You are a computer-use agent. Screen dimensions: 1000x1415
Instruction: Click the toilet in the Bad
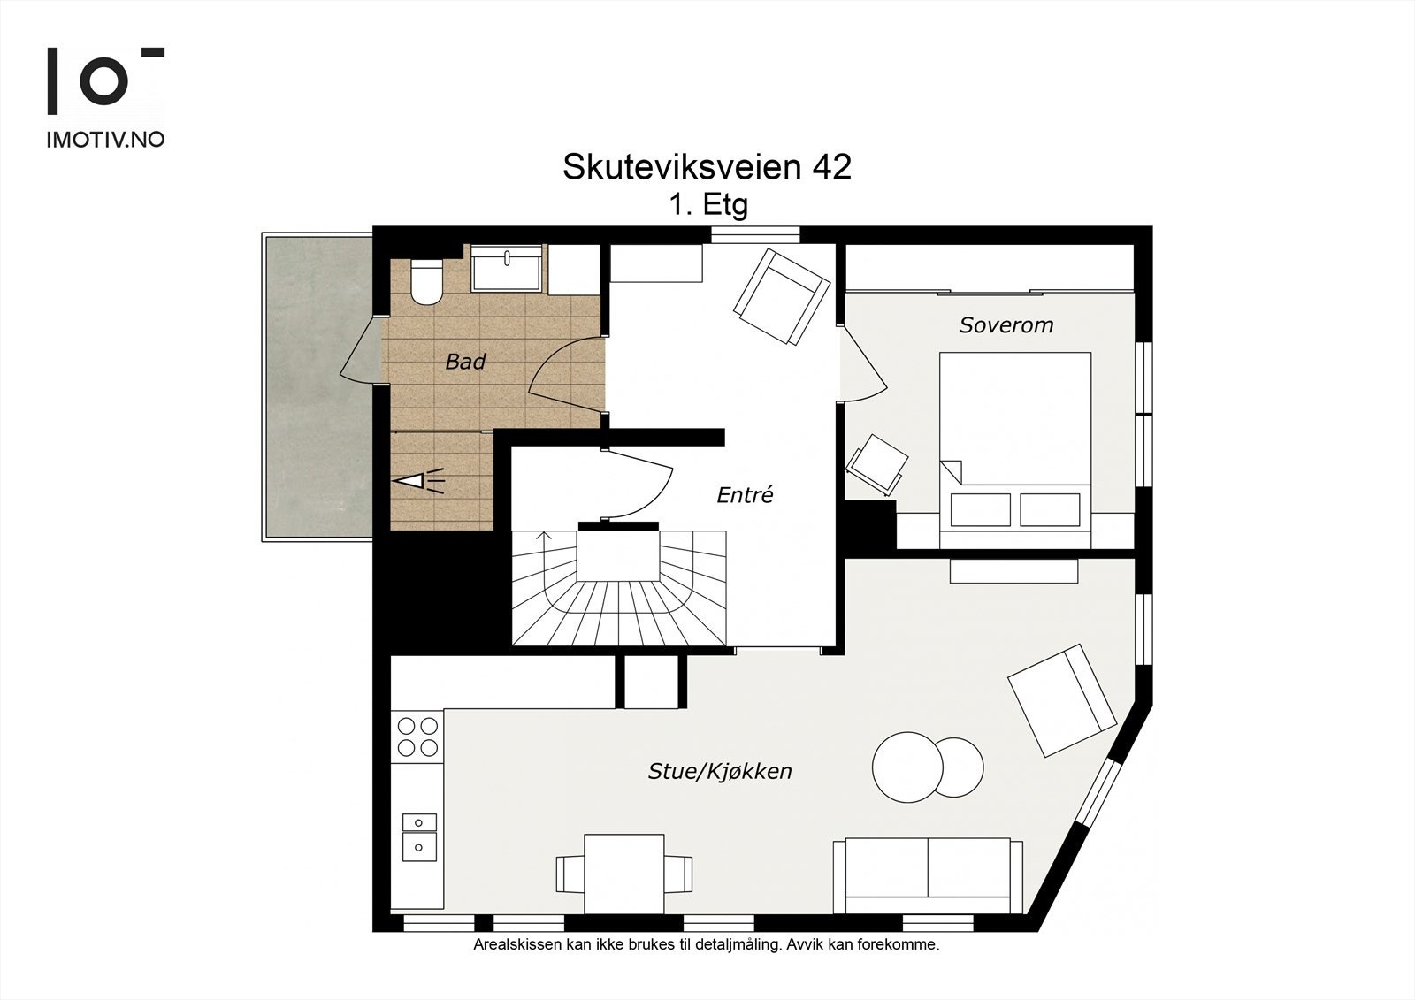pos(426,282)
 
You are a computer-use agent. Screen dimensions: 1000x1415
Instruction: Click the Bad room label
pos(465,362)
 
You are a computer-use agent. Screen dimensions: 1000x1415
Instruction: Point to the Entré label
pos(745,496)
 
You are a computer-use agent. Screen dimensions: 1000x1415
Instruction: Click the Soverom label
pos(1006,325)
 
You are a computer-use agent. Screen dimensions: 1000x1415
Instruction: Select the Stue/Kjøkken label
pos(720,772)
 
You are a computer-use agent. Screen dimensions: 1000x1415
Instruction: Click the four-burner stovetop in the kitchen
pos(417,737)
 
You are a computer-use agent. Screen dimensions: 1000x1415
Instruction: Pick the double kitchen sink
pos(418,836)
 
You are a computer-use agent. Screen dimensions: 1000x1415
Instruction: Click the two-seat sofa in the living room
pos(927,875)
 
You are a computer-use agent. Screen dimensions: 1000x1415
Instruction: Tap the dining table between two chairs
pos(624,874)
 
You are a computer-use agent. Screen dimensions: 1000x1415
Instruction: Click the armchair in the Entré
pos(782,297)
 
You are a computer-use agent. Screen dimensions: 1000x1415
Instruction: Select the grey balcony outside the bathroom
pos(317,385)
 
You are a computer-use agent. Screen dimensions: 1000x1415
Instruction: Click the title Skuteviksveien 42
pos(707,167)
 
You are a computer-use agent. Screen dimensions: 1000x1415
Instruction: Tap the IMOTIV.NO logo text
pos(104,140)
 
